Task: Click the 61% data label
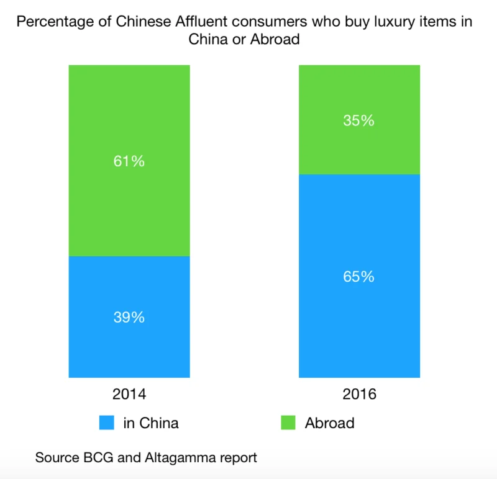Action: [129, 161]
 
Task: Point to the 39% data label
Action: [129, 317]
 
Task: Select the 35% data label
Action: [360, 120]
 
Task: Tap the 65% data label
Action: [360, 277]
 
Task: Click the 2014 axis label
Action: [129, 394]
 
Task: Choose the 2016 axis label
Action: [360, 394]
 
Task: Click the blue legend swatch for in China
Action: [107, 423]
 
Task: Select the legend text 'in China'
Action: [151, 423]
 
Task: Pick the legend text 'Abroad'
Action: [329, 423]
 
